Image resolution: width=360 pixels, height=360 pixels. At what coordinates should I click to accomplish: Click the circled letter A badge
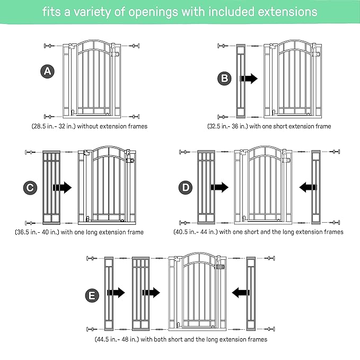coord(48,71)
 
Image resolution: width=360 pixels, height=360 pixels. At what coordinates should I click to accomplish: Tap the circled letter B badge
coord(225,78)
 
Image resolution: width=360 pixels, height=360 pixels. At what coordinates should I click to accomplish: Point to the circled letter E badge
coord(94,292)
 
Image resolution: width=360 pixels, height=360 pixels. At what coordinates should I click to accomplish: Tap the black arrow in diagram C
coord(63,187)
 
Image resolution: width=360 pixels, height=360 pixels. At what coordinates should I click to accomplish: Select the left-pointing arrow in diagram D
coord(308,187)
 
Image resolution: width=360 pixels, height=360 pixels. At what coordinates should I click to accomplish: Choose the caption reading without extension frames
coord(89,126)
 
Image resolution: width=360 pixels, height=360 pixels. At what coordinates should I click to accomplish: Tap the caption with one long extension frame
coord(79,232)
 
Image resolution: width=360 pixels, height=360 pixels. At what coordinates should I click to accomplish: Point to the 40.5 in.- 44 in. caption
coord(258,232)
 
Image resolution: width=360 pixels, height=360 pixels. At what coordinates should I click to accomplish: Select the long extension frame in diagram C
coord(51,188)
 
